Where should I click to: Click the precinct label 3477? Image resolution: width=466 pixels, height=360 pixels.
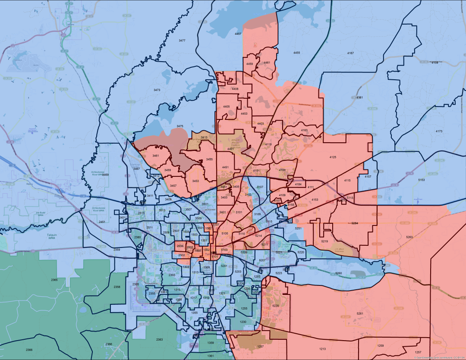182,40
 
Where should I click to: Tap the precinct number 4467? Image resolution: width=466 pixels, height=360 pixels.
238,33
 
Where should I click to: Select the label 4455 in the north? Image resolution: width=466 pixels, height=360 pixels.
296,52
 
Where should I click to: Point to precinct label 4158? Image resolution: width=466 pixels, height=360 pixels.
435,63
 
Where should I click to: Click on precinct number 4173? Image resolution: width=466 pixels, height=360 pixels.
439,131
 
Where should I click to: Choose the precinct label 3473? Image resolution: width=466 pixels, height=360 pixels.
157,90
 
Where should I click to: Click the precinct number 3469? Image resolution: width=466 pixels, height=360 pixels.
105,175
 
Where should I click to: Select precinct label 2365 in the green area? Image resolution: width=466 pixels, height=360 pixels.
54,280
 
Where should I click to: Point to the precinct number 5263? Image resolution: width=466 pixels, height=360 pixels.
409,237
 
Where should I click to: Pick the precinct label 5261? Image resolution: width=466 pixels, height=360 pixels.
360,313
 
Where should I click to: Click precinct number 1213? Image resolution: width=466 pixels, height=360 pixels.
323,349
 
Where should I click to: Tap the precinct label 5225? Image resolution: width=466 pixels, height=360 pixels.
276,306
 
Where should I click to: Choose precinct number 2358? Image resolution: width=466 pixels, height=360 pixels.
117,287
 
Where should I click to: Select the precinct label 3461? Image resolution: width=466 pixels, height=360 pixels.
156,155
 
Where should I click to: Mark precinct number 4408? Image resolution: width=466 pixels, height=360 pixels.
235,89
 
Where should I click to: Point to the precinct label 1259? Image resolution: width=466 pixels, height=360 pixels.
380,346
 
